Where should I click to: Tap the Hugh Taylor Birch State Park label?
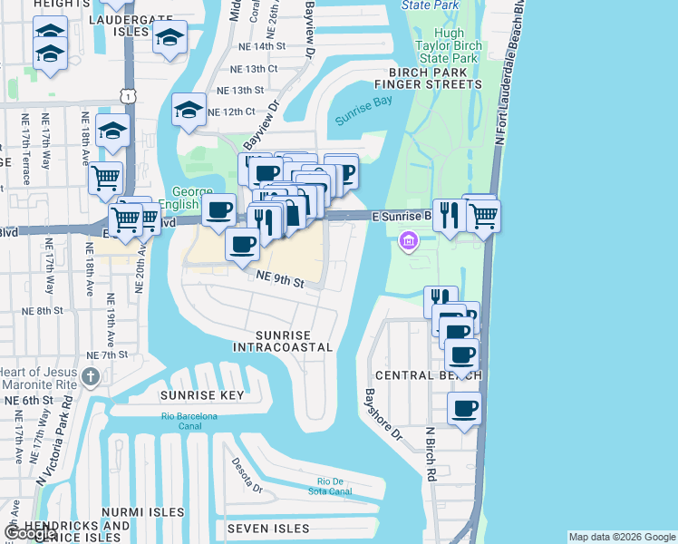coord(445,44)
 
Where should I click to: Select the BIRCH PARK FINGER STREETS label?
coord(435,78)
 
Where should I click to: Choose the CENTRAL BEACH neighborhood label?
coord(420,374)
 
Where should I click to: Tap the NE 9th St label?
coord(278,281)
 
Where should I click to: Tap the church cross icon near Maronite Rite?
coord(90,376)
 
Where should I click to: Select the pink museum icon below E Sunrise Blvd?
coord(408,242)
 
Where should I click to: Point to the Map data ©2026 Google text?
coord(622,537)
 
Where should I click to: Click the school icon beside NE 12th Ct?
coord(189,111)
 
